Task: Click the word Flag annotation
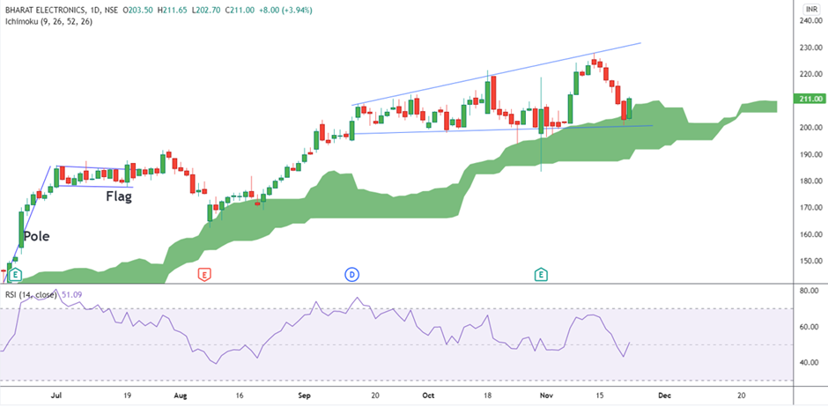pyautogui.click(x=119, y=196)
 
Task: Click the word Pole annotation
pyautogui.click(x=37, y=236)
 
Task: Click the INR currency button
pyautogui.click(x=812, y=8)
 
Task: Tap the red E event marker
pyautogui.click(x=205, y=275)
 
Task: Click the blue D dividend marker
pyautogui.click(x=351, y=275)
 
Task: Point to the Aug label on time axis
pyautogui.click(x=181, y=396)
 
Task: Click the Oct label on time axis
pyautogui.click(x=428, y=396)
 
